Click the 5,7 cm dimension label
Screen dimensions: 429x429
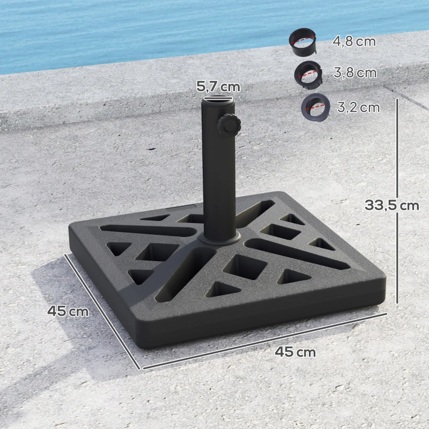pos(218,86)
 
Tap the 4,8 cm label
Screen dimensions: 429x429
pos(354,41)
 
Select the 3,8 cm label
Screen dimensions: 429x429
pos(355,73)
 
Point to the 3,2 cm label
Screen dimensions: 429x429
pos(358,107)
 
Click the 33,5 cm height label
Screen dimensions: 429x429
pos(391,205)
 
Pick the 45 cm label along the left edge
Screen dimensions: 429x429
pos(68,310)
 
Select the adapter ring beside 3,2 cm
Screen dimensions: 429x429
pos(314,107)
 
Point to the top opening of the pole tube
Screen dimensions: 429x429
pos(218,99)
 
